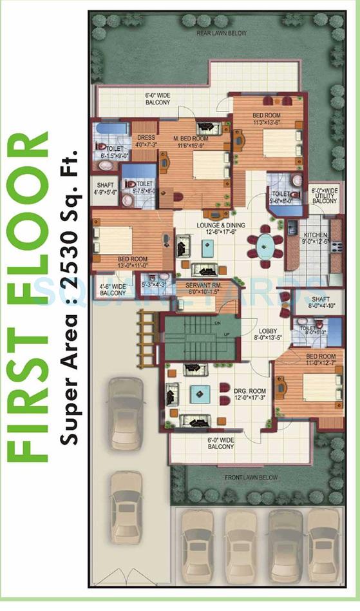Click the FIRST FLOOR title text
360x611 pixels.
click(x=29, y=296)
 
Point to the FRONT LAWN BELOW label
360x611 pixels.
click(x=251, y=478)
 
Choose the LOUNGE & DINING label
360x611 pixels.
click(x=205, y=224)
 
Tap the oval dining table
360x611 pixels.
click(x=266, y=245)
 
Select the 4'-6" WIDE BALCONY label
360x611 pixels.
click(x=113, y=289)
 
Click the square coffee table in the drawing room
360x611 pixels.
click(x=198, y=393)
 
